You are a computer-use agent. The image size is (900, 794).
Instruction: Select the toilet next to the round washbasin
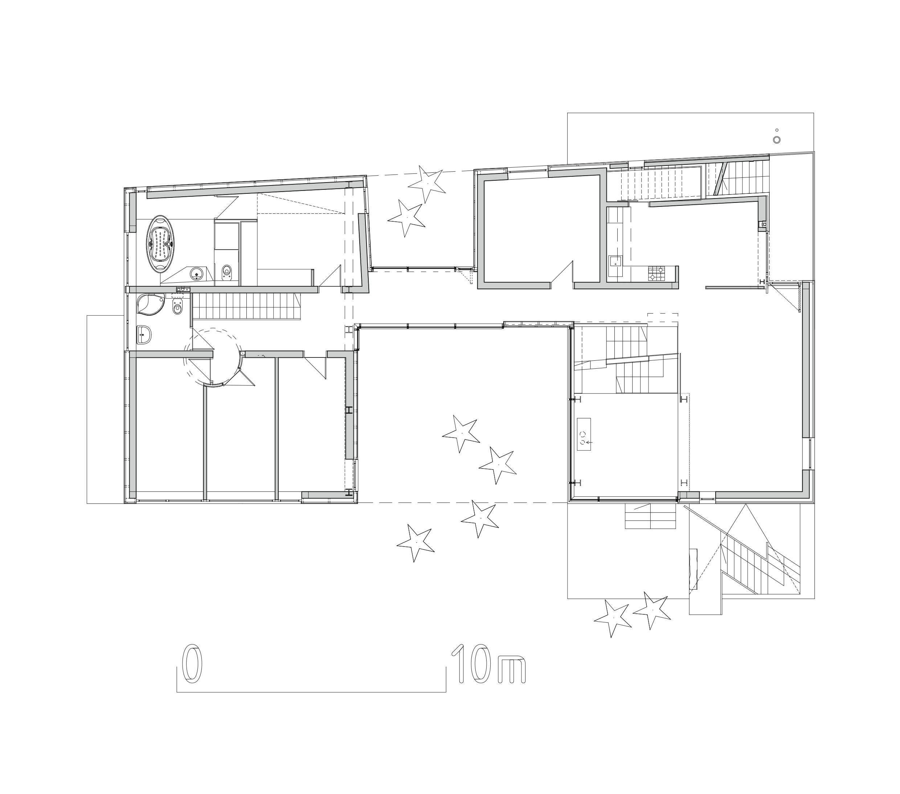tap(227, 272)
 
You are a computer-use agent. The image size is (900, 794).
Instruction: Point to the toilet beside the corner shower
tap(177, 307)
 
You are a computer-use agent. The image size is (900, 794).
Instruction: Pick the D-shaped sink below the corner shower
tap(144, 335)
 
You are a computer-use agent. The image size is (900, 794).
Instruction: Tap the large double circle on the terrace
tap(777, 140)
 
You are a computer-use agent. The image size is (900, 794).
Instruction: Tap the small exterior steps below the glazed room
tap(650, 516)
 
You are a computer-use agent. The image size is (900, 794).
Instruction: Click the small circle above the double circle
tap(777, 130)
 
